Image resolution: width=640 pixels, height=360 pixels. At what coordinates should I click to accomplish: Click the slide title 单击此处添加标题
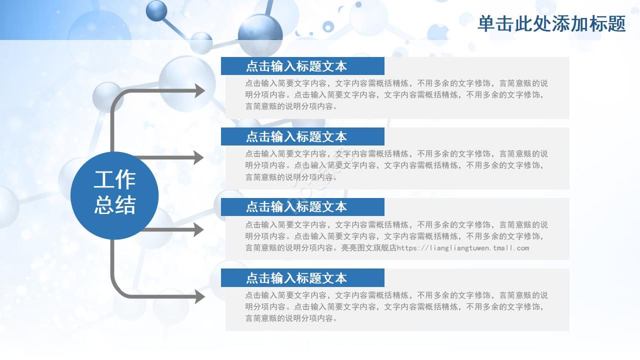pyautogui.click(x=551, y=23)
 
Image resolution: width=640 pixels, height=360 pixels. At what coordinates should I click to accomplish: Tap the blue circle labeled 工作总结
pyautogui.click(x=114, y=195)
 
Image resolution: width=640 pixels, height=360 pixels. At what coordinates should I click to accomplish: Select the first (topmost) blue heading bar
pyautogui.click(x=302, y=66)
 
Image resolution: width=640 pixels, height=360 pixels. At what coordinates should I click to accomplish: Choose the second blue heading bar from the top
pyautogui.click(x=302, y=137)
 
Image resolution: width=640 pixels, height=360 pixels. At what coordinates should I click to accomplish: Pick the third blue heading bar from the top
pyautogui.click(x=302, y=207)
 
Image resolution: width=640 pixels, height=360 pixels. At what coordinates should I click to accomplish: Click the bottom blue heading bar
pyautogui.click(x=302, y=278)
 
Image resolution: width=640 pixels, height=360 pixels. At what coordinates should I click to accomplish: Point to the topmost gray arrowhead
pyautogui.click(x=199, y=90)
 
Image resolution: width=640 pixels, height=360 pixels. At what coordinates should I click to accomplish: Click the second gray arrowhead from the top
pyautogui.click(x=198, y=157)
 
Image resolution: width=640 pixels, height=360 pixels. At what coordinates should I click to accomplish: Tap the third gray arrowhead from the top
pyautogui.click(x=198, y=229)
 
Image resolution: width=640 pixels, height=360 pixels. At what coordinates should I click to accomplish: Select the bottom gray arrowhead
pyautogui.click(x=199, y=296)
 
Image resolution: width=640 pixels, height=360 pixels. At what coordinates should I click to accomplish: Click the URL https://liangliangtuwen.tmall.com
pyautogui.click(x=463, y=248)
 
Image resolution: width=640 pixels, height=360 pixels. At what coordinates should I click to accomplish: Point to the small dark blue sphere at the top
pyautogui.click(x=156, y=10)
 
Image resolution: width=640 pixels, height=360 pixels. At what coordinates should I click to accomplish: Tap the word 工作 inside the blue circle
pyautogui.click(x=114, y=180)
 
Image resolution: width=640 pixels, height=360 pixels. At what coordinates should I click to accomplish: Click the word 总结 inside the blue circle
pyautogui.click(x=114, y=205)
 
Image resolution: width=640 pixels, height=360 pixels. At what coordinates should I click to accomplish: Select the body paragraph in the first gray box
pyautogui.click(x=396, y=94)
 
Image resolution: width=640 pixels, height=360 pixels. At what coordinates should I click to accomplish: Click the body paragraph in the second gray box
pyautogui.click(x=396, y=165)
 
